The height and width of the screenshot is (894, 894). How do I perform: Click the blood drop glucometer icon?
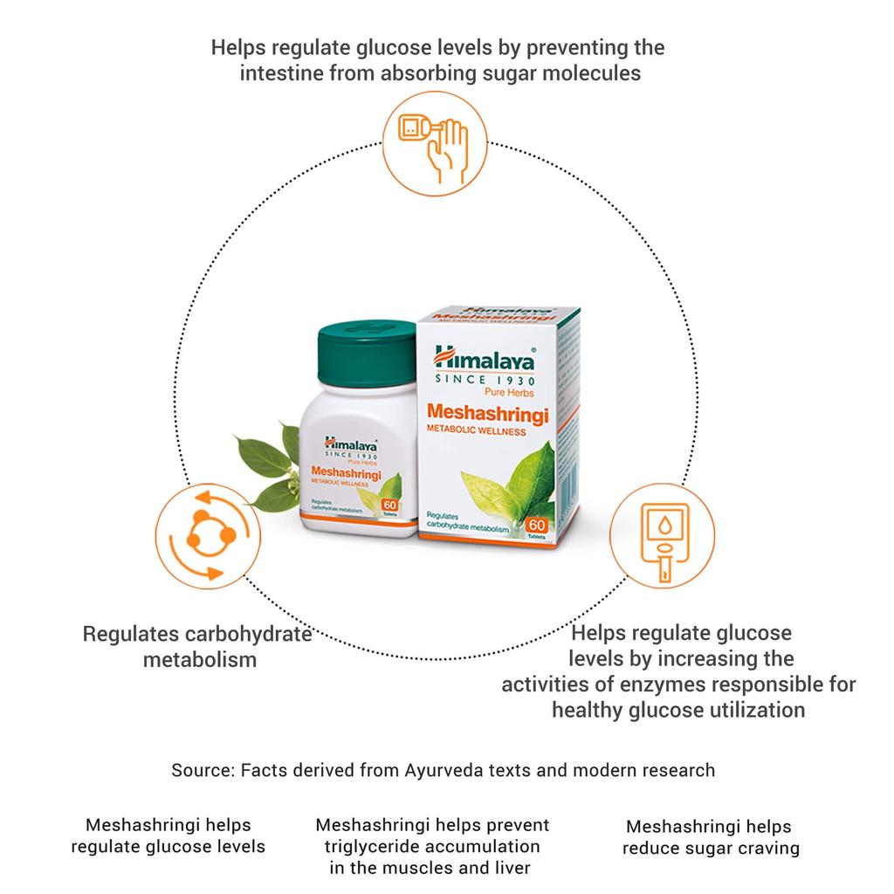pos(662,540)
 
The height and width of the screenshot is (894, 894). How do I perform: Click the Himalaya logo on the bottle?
pos(349,444)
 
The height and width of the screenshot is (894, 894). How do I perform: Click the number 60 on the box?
pos(537,525)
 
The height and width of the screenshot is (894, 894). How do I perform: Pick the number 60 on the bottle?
pos(389,505)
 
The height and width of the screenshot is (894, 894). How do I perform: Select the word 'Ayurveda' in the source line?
pos(440,770)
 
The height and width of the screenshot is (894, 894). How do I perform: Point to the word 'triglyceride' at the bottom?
pos(374,846)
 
